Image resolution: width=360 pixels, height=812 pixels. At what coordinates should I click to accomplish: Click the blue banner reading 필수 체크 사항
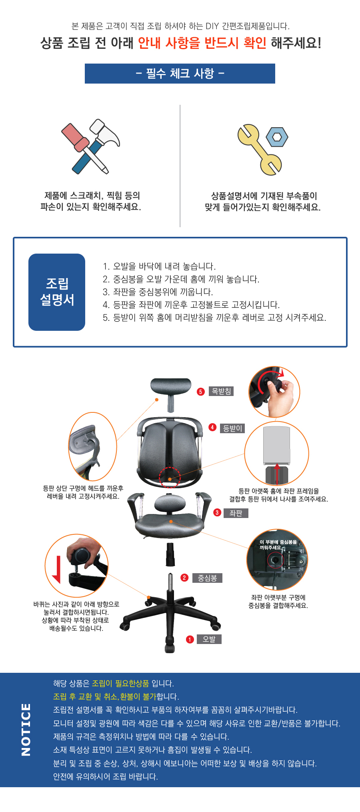[x=180, y=74]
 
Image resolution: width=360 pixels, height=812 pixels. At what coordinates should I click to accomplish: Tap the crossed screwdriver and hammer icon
[x=91, y=146]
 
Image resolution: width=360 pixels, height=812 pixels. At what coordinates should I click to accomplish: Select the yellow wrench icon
[x=259, y=150]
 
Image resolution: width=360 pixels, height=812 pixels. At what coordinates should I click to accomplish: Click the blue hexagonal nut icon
[x=277, y=137]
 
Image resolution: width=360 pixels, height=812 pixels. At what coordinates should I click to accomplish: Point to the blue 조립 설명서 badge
[x=57, y=292]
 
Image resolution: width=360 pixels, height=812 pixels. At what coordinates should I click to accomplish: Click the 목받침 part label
[x=221, y=391]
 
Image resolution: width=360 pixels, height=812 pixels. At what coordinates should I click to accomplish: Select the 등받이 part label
[x=232, y=428]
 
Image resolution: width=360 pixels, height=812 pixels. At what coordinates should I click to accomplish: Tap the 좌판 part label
[x=236, y=513]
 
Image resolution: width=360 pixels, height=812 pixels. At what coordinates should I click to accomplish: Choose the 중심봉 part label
[x=207, y=578]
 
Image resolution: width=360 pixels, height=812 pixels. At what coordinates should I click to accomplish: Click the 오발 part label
[x=209, y=639]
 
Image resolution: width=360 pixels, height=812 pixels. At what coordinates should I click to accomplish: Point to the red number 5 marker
[x=201, y=392]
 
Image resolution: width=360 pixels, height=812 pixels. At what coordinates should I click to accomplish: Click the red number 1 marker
[x=190, y=640]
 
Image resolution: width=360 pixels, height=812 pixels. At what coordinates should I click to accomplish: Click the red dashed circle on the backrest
[x=170, y=477]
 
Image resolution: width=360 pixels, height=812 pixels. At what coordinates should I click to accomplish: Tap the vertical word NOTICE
[x=26, y=730]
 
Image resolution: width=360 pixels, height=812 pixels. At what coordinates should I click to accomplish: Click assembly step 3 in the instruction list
[x=158, y=292]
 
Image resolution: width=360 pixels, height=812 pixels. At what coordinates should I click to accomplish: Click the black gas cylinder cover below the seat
[x=171, y=554]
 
